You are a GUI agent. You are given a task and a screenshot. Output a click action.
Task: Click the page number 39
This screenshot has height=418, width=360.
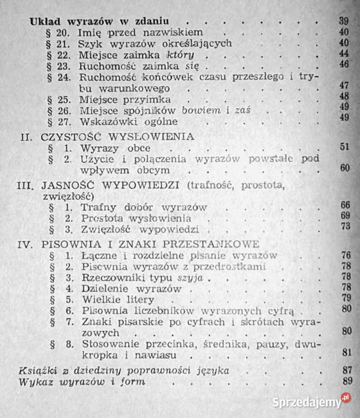(x=343, y=21)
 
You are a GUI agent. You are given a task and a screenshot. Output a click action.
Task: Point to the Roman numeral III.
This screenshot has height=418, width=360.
(x=24, y=186)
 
